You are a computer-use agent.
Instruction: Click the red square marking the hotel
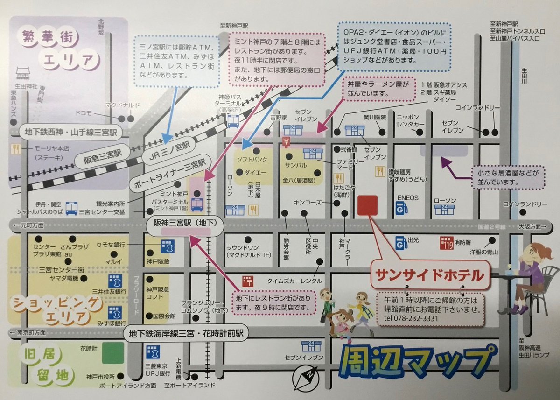tap(367, 205)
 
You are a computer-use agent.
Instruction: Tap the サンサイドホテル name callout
tap(430, 275)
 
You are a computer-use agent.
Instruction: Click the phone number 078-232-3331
tap(411, 318)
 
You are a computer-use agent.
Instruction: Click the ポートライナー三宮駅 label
tap(170, 170)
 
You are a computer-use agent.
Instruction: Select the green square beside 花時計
tap(113, 353)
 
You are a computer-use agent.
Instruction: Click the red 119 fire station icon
tap(446, 242)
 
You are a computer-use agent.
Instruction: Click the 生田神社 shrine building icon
tap(23, 73)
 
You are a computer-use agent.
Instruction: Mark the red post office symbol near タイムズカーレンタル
tap(247, 281)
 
